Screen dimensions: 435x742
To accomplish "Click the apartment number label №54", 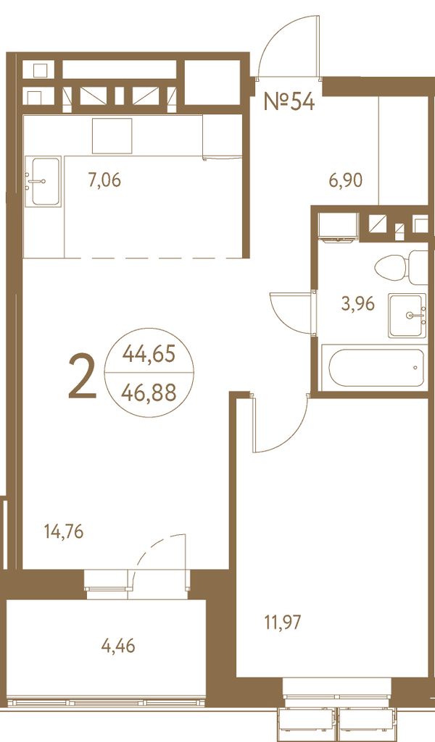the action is [289, 101].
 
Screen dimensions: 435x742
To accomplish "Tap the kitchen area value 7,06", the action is [104, 180].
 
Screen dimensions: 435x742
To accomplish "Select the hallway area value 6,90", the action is [346, 180].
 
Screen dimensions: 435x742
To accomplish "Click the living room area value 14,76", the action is [64, 532].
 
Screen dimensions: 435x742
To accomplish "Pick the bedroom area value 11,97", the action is [283, 623].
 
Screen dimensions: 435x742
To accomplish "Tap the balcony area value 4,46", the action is [118, 646].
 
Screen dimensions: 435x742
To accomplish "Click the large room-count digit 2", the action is [83, 376].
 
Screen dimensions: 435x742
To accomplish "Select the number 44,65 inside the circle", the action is [149, 353].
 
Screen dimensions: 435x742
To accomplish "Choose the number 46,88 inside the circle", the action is [149, 392].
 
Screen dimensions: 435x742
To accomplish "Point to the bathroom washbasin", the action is [407, 315].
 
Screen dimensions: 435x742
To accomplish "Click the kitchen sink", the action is [46, 181].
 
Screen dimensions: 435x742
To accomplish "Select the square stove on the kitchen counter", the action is [112, 136].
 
